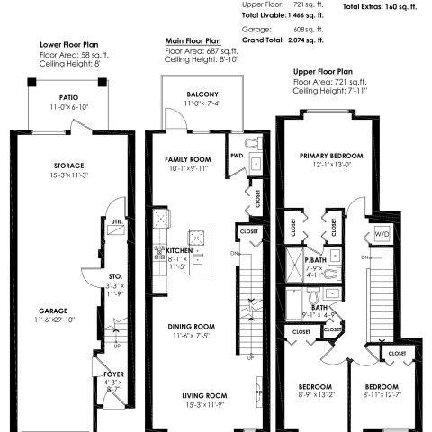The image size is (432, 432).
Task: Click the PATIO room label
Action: (x=68, y=97)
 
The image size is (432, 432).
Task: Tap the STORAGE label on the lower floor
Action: (x=68, y=166)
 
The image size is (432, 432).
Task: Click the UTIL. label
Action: (x=116, y=220)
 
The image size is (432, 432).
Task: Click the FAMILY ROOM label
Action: (x=186, y=158)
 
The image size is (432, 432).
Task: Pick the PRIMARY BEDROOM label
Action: (x=328, y=155)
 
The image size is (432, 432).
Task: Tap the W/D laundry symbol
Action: (x=382, y=234)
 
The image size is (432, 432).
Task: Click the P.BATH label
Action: (x=314, y=259)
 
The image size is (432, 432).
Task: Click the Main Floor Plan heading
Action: (x=193, y=40)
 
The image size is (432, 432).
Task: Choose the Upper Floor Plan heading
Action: (x=322, y=71)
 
